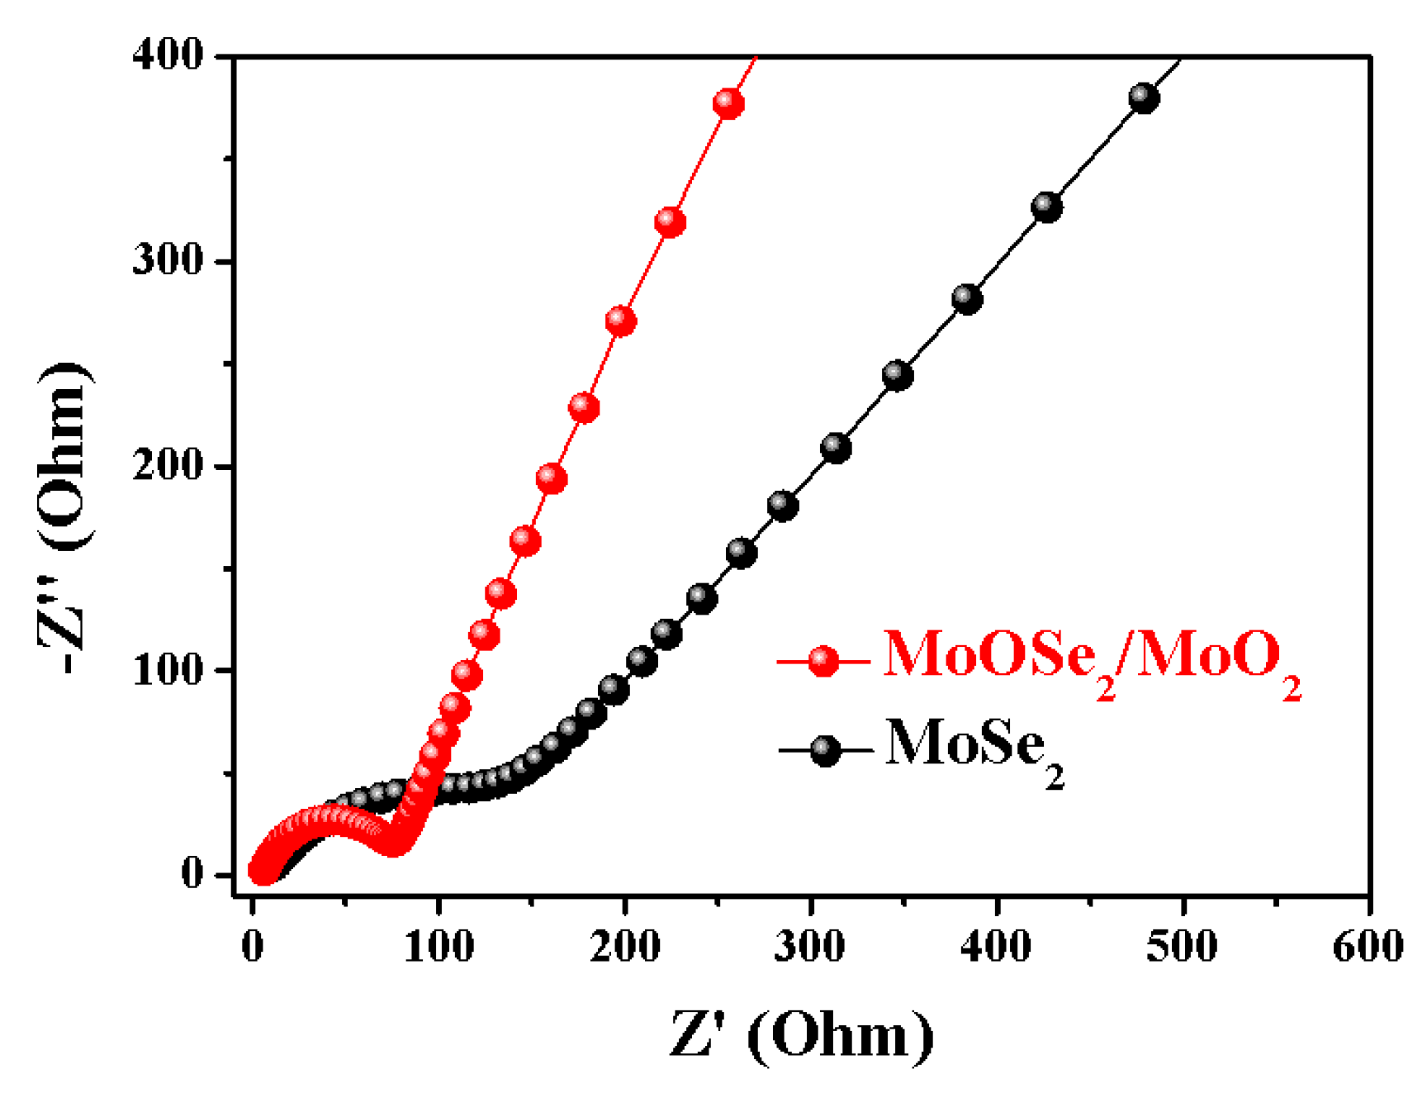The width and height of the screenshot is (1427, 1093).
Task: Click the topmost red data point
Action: point(728,104)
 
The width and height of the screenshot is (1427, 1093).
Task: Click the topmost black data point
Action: point(1143,98)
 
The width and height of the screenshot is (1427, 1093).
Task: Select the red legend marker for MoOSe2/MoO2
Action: point(823,661)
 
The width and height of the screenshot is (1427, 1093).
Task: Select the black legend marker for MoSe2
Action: point(824,750)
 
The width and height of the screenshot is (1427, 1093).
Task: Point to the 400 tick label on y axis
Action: point(168,56)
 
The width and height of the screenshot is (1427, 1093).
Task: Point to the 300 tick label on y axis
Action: point(168,261)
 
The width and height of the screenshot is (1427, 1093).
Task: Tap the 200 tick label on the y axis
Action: point(168,466)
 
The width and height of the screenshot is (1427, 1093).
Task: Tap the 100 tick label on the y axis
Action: point(168,670)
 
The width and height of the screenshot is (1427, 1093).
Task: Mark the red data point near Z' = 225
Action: point(670,222)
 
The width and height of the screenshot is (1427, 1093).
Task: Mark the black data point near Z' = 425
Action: point(1046,207)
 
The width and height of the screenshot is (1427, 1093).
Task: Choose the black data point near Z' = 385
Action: point(967,298)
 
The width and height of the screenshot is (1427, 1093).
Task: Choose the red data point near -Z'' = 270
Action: point(620,321)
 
